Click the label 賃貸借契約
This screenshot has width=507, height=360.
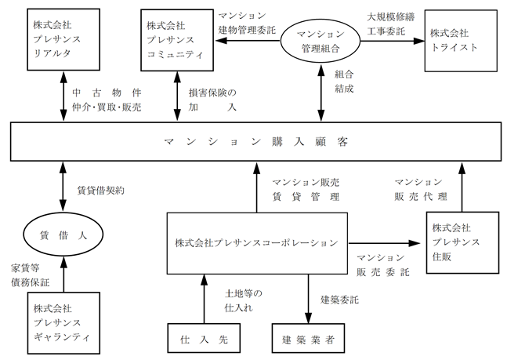(x=100, y=191)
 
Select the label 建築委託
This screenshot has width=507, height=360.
(x=339, y=300)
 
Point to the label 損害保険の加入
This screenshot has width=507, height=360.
(x=212, y=100)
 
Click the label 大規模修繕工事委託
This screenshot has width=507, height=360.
(x=390, y=24)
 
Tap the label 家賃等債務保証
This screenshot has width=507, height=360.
(x=30, y=275)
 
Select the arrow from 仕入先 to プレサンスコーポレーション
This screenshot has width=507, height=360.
(x=204, y=299)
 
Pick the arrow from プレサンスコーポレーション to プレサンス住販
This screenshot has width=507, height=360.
(x=384, y=243)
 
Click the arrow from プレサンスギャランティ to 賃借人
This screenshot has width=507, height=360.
(x=63, y=275)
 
